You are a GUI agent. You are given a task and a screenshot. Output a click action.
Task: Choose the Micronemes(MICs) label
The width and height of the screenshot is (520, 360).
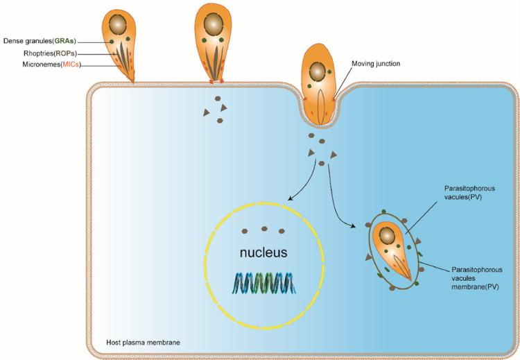(48, 65)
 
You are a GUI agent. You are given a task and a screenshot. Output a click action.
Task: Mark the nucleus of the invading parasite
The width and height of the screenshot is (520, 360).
(318, 70)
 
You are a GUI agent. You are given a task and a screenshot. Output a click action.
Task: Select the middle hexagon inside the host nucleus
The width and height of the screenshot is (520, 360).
(264, 229)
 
